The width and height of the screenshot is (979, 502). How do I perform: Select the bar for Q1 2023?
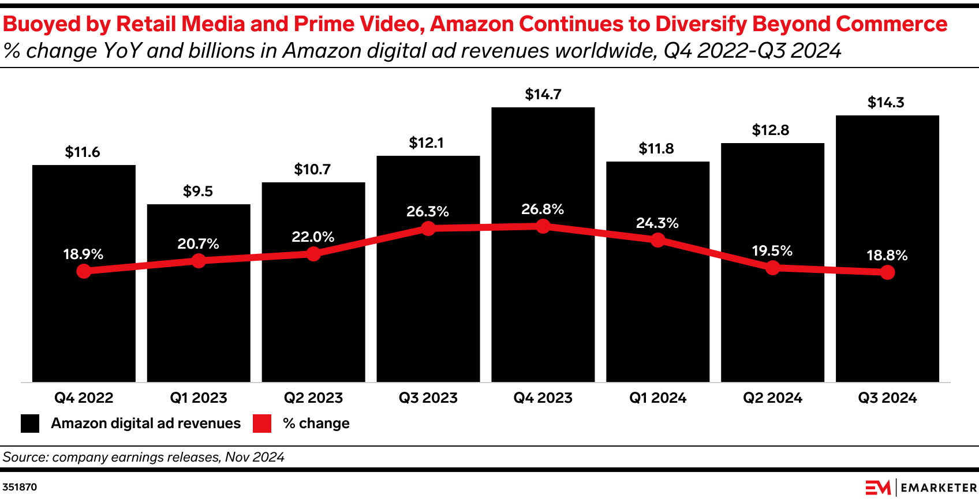point(199,323)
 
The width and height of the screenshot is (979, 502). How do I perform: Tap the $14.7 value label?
point(543,94)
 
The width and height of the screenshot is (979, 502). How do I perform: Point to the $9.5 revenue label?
point(198,191)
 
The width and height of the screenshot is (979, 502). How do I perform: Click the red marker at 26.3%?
point(428,228)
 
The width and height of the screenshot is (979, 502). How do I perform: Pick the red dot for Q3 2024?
point(887,272)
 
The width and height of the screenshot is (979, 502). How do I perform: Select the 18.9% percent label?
point(83,254)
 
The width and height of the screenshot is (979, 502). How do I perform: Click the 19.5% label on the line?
point(772,250)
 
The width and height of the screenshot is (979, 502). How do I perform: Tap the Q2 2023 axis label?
point(313,398)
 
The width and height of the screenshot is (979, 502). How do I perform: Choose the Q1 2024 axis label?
point(657,398)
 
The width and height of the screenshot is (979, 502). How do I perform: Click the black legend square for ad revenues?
point(30,423)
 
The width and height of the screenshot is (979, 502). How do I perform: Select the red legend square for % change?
point(262,423)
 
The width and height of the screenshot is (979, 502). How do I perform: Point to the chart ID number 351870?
point(20,487)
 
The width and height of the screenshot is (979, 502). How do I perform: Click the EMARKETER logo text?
point(939,488)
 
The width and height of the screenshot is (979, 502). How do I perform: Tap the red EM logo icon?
point(877,488)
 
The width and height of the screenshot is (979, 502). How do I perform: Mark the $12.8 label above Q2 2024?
point(771,130)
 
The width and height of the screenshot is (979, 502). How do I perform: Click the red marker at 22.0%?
point(313,253)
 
